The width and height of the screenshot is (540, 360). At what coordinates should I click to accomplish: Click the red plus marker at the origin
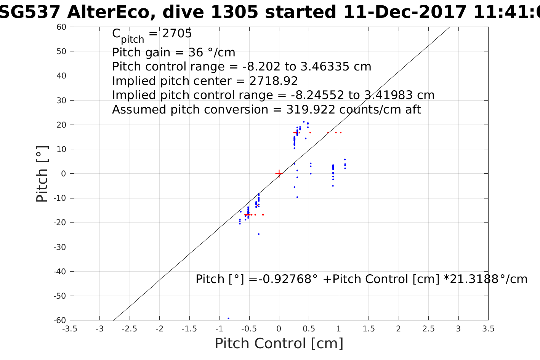point(279,174)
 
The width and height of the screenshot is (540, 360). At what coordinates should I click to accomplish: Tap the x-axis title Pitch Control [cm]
point(279,344)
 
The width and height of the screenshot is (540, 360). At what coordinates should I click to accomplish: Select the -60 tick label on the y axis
point(60,320)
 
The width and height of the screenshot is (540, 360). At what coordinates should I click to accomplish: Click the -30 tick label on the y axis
point(60,247)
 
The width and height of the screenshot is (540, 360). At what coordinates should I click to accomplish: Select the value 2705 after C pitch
point(177,34)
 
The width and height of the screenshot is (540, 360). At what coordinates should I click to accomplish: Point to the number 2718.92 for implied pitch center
point(274,81)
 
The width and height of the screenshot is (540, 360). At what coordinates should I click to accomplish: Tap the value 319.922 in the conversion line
point(311,110)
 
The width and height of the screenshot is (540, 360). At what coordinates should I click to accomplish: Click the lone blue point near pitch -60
point(228,318)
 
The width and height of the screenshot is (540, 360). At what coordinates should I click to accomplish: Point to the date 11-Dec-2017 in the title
point(405,12)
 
